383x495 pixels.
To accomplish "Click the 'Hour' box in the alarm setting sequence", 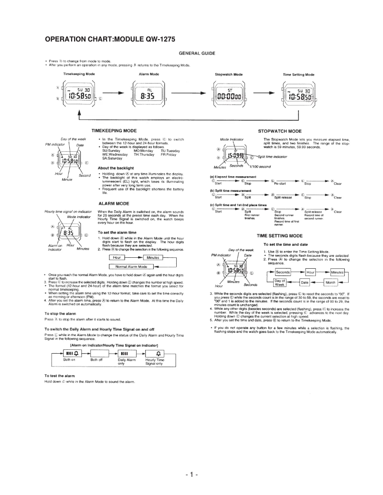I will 118,258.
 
